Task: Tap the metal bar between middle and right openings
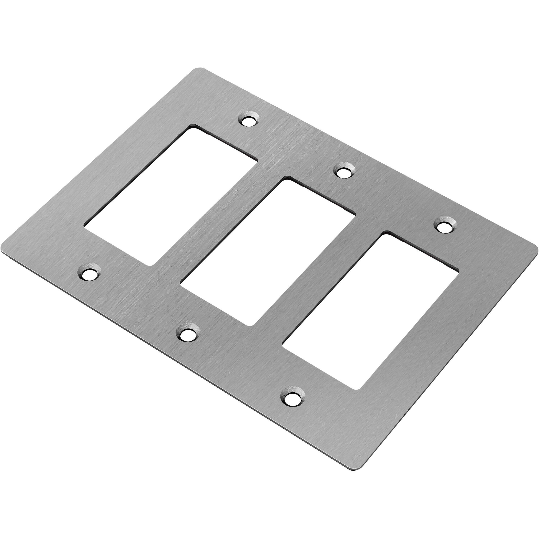click(319, 280)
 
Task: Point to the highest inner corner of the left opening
click(192, 127)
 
